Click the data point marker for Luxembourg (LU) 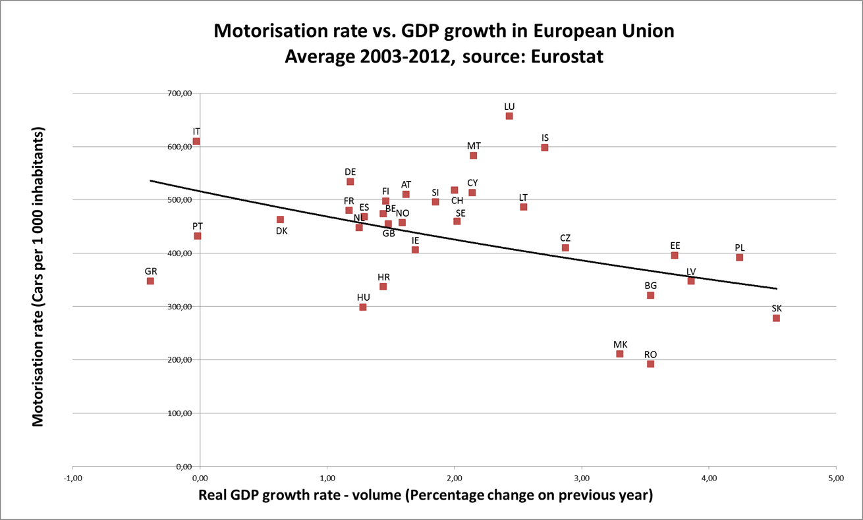(x=509, y=117)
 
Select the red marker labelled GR (x=150, y=281)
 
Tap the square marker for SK (x=776, y=319)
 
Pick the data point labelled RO (x=650, y=364)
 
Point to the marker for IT (x=196, y=142)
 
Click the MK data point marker (x=620, y=354)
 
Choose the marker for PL (x=740, y=257)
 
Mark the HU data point (x=363, y=307)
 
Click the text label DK (x=281, y=231)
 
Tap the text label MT (x=474, y=145)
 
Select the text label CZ (x=565, y=238)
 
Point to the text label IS (x=545, y=138)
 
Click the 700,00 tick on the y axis (x=180, y=93)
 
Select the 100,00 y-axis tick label (x=180, y=413)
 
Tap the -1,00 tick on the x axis (x=72, y=477)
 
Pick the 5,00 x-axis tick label (x=836, y=477)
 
